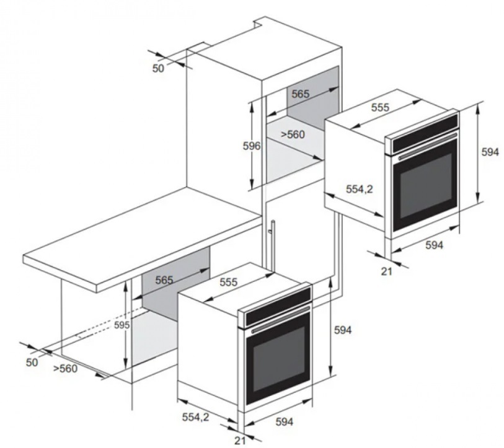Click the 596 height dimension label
click(251, 146)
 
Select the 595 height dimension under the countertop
click(122, 325)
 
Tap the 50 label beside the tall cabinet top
click(158, 68)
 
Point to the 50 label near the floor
click(32, 362)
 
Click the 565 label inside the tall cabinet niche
click(301, 94)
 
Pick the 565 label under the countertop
click(164, 280)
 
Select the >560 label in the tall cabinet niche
click(293, 134)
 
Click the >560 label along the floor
click(65, 368)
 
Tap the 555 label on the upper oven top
click(380, 107)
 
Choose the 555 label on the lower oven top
click(229, 282)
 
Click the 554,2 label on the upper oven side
click(360, 189)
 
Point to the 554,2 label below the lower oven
click(195, 417)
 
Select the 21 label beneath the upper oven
click(387, 271)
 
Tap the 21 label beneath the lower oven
click(240, 441)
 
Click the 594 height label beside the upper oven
click(490, 152)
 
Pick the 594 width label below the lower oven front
click(285, 421)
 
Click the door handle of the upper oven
click(428, 147)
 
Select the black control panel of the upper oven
click(425, 132)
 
